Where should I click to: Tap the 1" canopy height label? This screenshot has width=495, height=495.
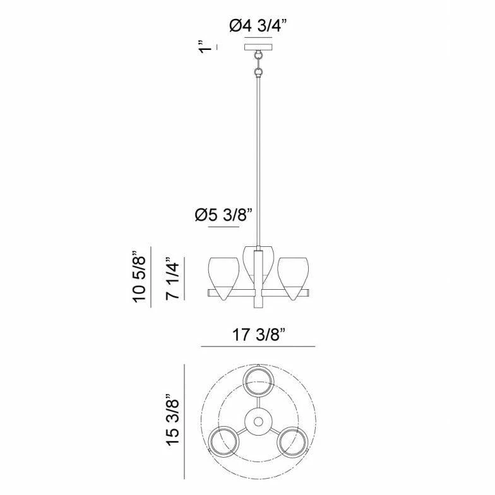pyautogui.click(x=205, y=47)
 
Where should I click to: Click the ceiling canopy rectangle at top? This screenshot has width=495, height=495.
pyautogui.click(x=258, y=47)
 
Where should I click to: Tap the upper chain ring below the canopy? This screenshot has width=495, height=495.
pyautogui.click(x=259, y=56)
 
